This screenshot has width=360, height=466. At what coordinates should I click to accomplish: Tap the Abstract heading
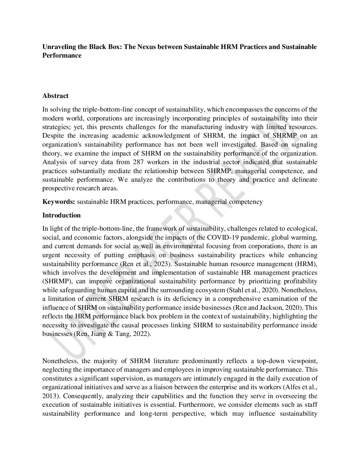coord(55,96)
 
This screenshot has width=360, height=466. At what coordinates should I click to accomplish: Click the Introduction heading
coord(62,215)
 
